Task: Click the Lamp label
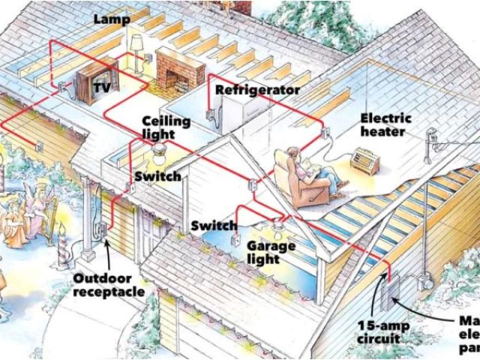(x=111, y=19)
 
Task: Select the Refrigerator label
(x=257, y=90)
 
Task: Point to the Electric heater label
(x=385, y=125)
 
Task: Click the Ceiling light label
(x=166, y=127)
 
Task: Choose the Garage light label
(x=271, y=253)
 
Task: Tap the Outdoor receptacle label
(x=109, y=284)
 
